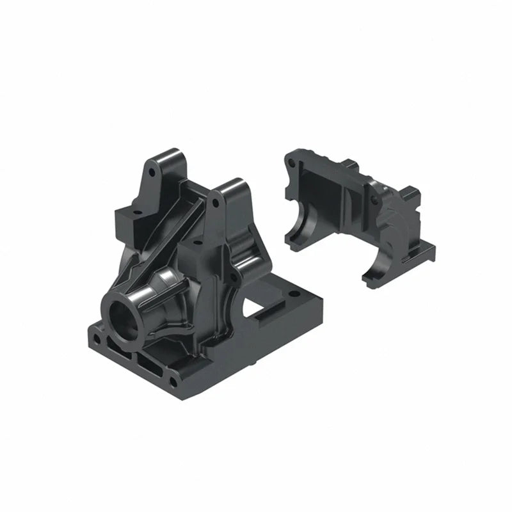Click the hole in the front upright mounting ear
click(216, 202)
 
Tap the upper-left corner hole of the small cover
click(292, 163)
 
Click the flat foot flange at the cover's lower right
click(425, 250)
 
